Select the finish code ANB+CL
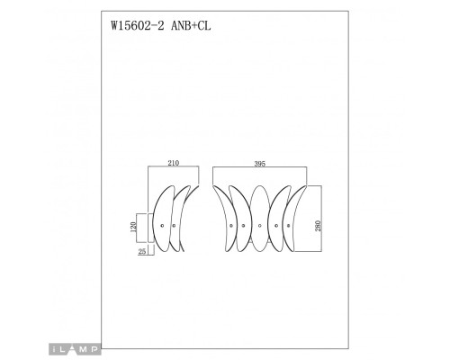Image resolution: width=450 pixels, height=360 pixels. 185,26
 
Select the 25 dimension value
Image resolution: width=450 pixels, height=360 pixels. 142,252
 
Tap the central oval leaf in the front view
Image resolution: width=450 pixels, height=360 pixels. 260,220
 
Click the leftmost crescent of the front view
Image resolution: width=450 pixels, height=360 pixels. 221,220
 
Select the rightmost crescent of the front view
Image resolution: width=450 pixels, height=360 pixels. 299,220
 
